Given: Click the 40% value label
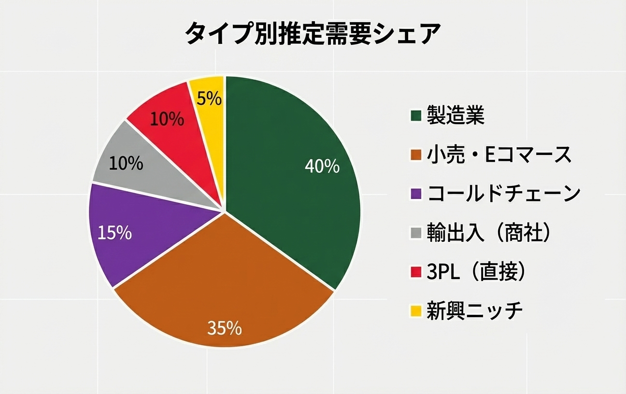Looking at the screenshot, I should (x=322, y=167).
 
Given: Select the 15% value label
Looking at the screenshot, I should (x=114, y=233).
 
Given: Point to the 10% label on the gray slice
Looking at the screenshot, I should (x=126, y=164).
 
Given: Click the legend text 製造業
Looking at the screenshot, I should (x=455, y=116).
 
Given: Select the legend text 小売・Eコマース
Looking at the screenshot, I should (x=499, y=155).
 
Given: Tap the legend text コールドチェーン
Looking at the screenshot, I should (x=503, y=194).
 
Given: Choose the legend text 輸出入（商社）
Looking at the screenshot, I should (x=489, y=233).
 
